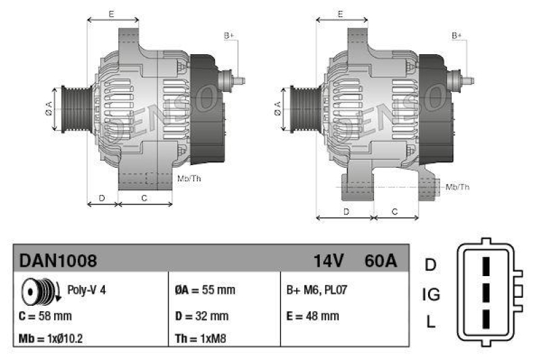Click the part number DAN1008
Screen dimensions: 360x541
coord(58,261)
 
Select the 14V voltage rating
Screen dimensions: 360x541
coord(329,261)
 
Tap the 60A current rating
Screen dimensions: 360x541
coord(380,261)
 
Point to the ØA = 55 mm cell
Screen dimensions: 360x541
coord(205,290)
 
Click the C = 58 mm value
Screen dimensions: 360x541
coord(46,315)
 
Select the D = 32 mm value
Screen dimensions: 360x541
coord(202,315)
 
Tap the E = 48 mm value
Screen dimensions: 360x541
coord(313,315)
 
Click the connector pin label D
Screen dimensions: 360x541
coord(431,265)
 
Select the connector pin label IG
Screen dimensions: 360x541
coord(431,294)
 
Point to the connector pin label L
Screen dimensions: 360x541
coord(431,323)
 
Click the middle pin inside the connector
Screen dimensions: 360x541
coord(485,293)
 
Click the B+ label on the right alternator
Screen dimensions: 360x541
coord(457,35)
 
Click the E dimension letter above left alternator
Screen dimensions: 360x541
coord(111,14)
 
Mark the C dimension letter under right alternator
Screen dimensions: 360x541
coord(395,212)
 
